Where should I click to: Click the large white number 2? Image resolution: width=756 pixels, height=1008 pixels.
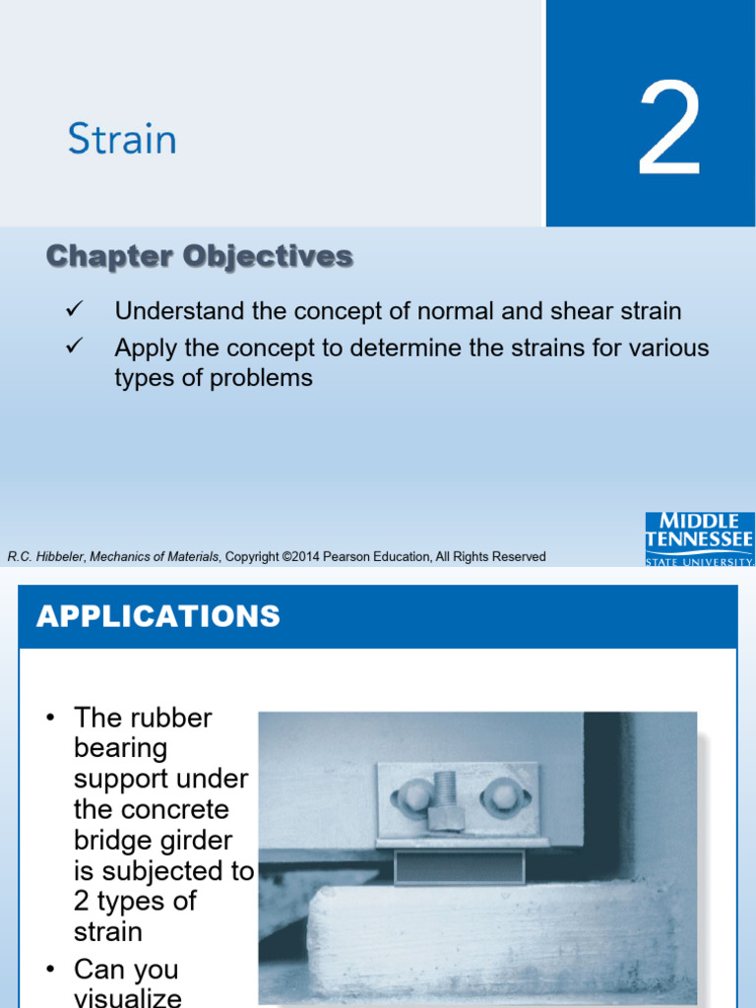pyautogui.click(x=668, y=127)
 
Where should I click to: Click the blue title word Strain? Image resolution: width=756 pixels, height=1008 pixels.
pyautogui.click(x=122, y=139)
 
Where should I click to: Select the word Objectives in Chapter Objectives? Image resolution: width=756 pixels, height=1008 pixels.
pyautogui.click(x=268, y=257)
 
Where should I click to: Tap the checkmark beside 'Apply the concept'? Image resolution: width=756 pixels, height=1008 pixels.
pyautogui.click(x=74, y=346)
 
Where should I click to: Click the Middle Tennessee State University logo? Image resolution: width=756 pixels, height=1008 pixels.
pyautogui.click(x=700, y=538)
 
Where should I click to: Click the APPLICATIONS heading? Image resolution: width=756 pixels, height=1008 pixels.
pyautogui.click(x=158, y=616)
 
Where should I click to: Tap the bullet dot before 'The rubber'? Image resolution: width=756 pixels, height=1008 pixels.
pyautogui.click(x=51, y=718)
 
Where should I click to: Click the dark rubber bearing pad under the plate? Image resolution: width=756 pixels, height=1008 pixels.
pyautogui.click(x=459, y=866)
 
